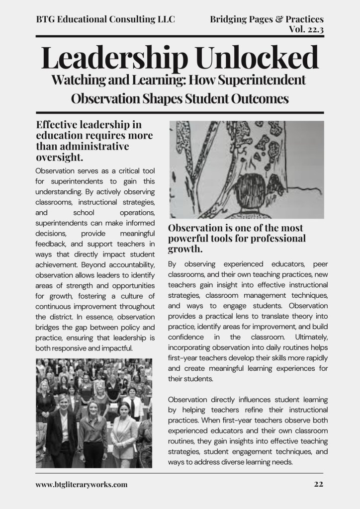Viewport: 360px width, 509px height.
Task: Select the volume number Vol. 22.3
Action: coord(306,29)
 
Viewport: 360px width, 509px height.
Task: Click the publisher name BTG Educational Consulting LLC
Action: coord(105,20)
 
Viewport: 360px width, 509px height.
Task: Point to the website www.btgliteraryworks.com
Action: coord(82,484)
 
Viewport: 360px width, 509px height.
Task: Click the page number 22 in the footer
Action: coord(319,484)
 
